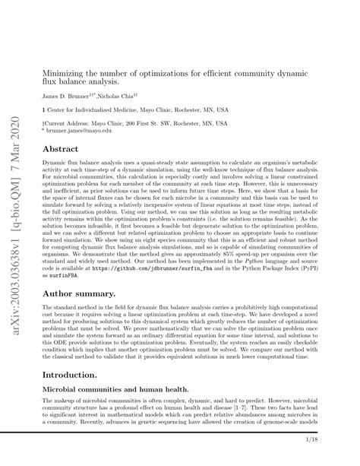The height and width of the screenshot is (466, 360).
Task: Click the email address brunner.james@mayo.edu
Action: [81, 131]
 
